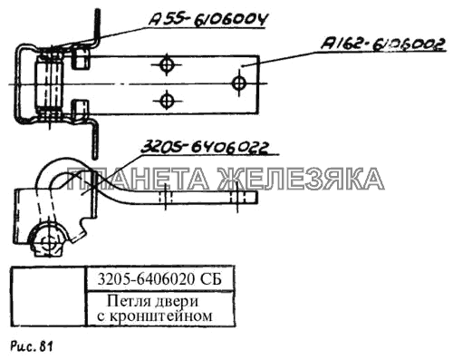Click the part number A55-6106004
tap(208, 20)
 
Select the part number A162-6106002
tap(383, 44)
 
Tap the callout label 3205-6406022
tap(204, 148)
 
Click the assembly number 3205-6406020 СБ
tap(159, 279)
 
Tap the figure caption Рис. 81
tap(32, 346)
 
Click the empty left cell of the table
tap(49, 297)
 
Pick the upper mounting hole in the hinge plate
tap(167, 64)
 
